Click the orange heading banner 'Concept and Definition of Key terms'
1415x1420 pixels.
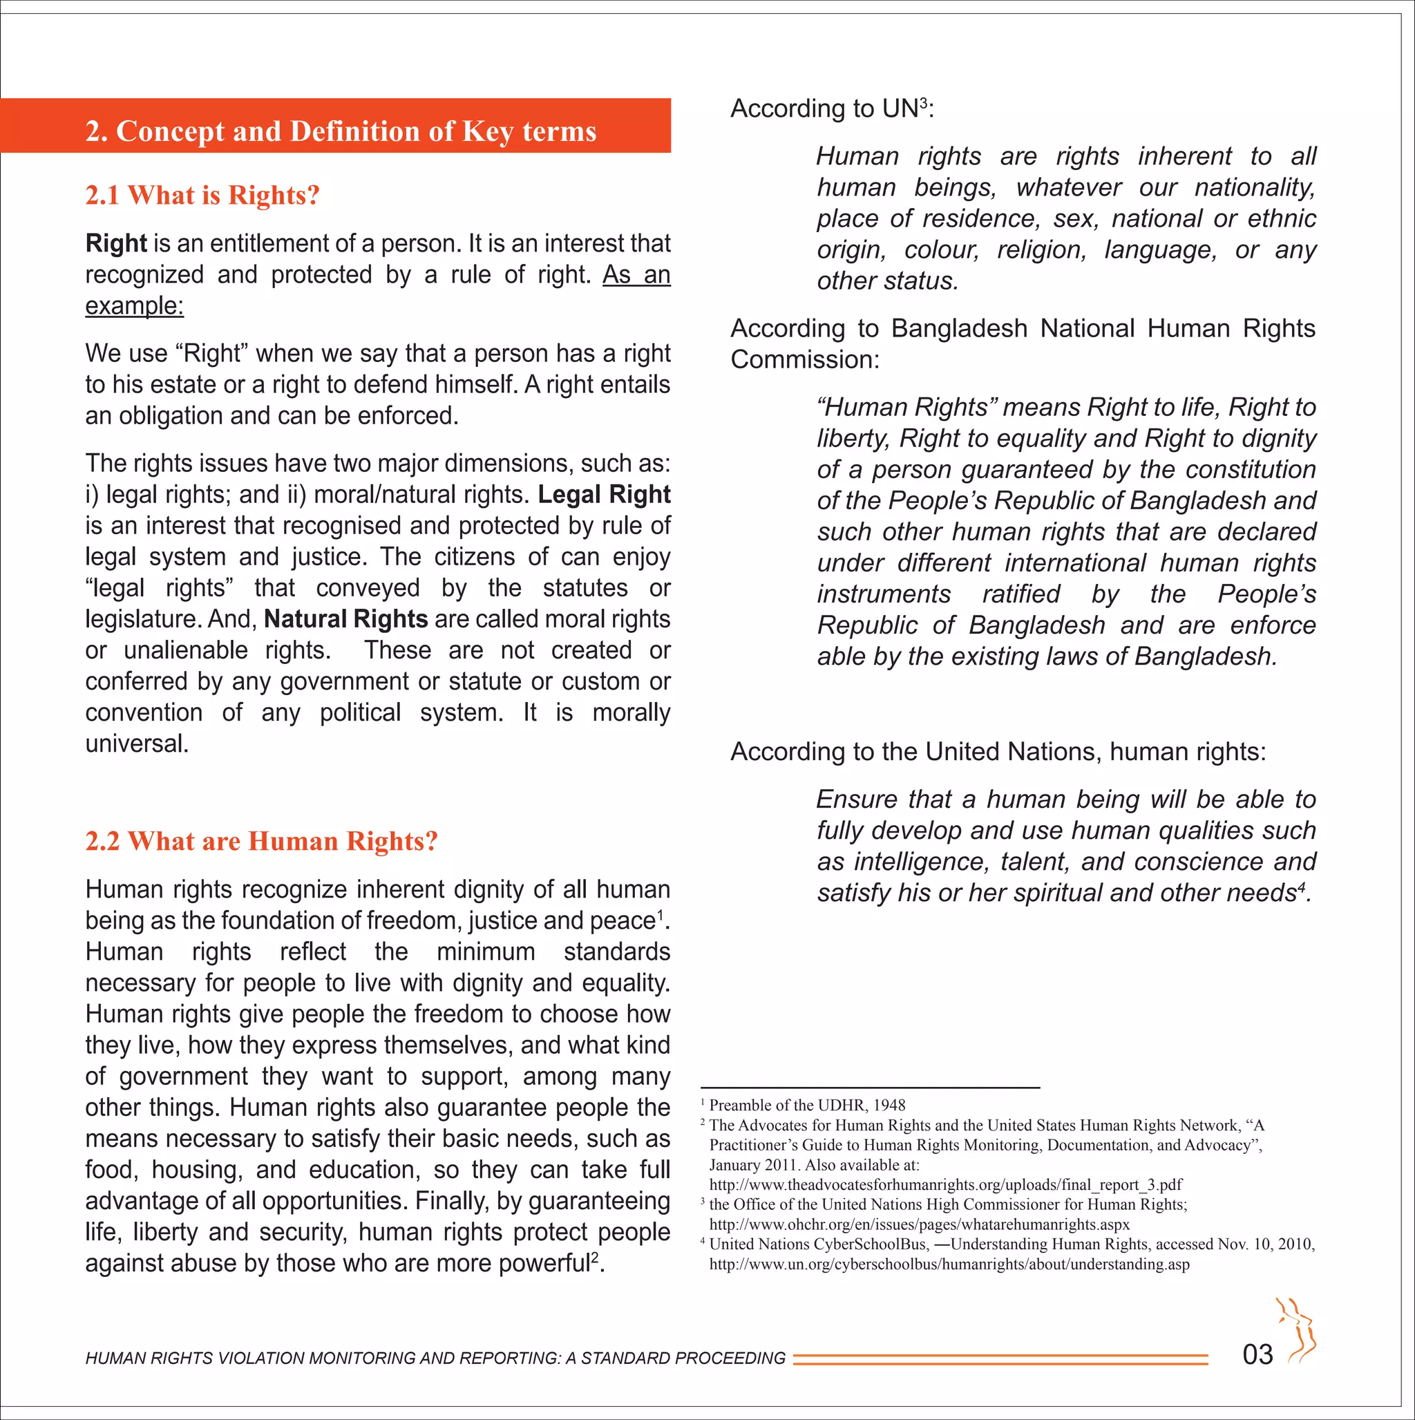point(341,131)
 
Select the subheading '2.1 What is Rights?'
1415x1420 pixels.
point(202,196)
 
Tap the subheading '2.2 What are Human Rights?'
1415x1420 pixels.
point(261,841)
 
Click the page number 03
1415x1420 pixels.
point(1257,1354)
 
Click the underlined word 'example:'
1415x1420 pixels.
point(135,305)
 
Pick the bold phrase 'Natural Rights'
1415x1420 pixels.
point(345,620)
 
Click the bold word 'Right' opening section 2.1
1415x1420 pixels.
point(116,243)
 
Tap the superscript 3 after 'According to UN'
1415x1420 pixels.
point(924,103)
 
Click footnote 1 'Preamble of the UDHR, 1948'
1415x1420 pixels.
point(806,1106)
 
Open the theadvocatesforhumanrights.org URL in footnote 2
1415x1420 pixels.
point(945,1185)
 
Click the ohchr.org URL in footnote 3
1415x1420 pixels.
point(919,1224)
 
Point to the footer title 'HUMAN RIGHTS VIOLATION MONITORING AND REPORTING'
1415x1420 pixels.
point(435,1359)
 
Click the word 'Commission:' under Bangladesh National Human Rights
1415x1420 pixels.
point(804,360)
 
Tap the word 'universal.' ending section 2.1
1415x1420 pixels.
point(137,744)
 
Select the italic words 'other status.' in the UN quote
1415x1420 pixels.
point(887,281)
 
